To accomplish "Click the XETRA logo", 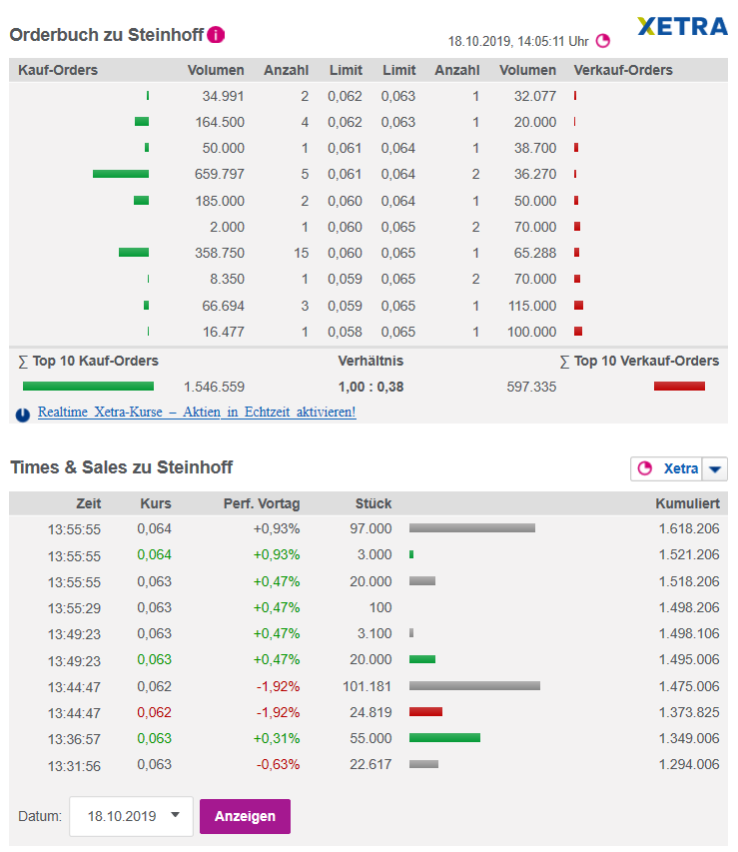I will (682, 26).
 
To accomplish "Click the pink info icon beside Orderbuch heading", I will (216, 35).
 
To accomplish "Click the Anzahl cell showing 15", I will (301, 253).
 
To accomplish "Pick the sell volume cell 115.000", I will (530, 306).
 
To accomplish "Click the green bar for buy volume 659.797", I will (121, 174).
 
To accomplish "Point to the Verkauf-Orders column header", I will (623, 70).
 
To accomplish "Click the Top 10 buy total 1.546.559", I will (214, 387).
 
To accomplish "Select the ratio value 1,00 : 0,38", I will (370, 387).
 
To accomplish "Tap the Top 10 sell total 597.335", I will (530, 387).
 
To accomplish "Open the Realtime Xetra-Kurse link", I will (196, 412).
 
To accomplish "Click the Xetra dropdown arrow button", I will (715, 468).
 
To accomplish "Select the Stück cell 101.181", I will (367, 686).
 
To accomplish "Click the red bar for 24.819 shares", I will (425, 712).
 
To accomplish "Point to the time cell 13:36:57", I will (74, 738).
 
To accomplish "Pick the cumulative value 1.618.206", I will (688, 528).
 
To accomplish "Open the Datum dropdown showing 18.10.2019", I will (131, 816).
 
